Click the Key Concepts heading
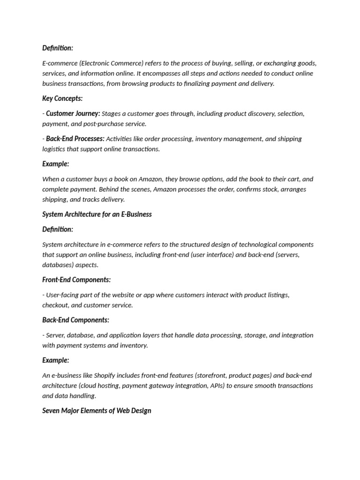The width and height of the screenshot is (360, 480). point(62,98)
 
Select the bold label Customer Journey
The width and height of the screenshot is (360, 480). point(73,113)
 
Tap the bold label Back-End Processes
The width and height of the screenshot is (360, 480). point(75,139)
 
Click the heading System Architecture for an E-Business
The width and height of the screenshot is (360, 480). point(97,214)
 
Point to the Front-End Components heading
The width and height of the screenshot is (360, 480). point(76,280)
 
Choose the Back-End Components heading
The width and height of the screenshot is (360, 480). point(75,320)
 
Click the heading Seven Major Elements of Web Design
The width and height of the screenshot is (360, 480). point(97,411)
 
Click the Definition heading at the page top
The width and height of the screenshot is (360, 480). point(58,48)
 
